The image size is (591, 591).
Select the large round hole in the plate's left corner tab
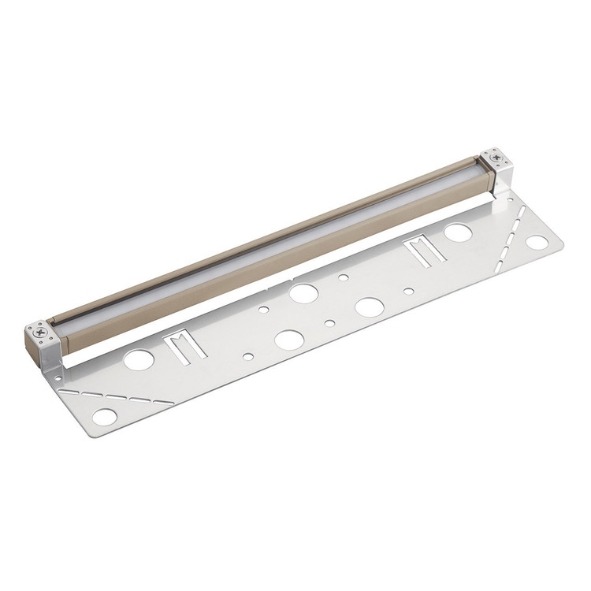[104, 417]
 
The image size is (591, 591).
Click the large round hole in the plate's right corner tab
[538, 242]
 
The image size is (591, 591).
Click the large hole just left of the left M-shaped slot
[139, 360]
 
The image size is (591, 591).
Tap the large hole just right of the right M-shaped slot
[458, 232]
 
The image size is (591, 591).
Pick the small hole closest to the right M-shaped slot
[408, 291]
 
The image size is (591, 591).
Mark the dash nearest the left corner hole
[72, 390]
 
